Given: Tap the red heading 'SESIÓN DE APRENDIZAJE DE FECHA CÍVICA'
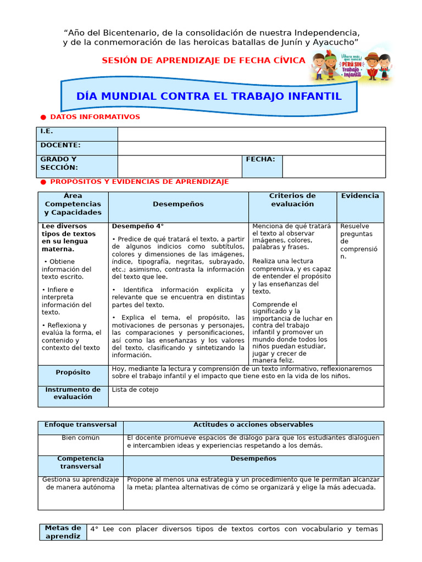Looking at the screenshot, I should pyautogui.click(x=203, y=60).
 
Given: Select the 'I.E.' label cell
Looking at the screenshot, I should pyautogui.click(x=77, y=134).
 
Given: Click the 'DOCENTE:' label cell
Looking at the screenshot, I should pyautogui.click(x=77, y=148).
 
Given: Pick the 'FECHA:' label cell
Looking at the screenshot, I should pyautogui.click(x=262, y=166).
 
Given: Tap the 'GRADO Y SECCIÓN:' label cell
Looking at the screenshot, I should pyautogui.click(x=77, y=166).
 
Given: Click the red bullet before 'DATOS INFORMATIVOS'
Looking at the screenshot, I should pyautogui.click(x=43, y=117).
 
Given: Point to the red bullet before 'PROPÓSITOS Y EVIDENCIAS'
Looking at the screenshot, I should pyautogui.click(x=43, y=182).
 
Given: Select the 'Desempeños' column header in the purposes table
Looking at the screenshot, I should pyautogui.click(x=178, y=204).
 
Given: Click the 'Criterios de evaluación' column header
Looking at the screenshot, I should pyautogui.click(x=292, y=200).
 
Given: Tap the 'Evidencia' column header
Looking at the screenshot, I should pyautogui.click(x=360, y=196).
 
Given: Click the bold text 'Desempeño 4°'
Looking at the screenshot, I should pyautogui.click(x=138, y=226).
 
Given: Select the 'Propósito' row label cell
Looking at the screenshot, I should pyautogui.click(x=73, y=373).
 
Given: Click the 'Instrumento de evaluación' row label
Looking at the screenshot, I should pyautogui.click(x=73, y=394).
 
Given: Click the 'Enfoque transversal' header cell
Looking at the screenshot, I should pyautogui.click(x=80, y=425).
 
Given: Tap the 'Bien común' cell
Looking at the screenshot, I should pyautogui.click(x=80, y=438).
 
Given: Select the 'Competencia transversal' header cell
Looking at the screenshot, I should pyautogui.click(x=80, y=462).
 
